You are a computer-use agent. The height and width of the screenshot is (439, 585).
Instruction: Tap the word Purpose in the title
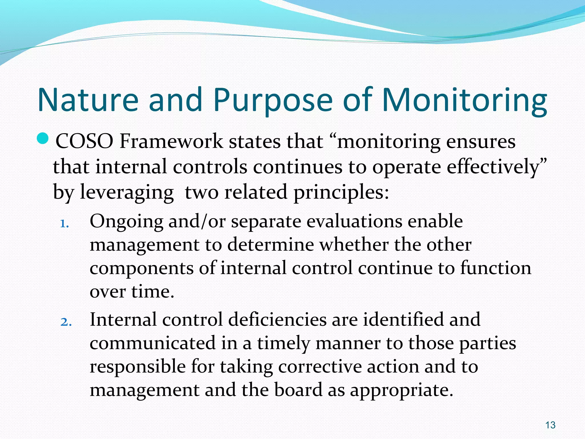273,100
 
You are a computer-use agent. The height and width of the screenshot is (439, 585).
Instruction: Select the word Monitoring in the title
464,100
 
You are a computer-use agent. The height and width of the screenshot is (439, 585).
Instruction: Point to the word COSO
84,141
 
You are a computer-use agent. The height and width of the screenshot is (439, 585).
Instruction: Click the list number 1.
65,224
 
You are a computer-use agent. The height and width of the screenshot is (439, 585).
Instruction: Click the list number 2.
66,322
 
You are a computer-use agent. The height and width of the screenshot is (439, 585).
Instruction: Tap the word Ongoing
126,222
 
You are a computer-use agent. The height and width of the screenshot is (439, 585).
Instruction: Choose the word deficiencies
277,320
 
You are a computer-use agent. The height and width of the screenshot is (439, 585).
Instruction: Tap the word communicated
153,343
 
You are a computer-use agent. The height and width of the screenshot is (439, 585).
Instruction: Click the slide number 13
550,425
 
